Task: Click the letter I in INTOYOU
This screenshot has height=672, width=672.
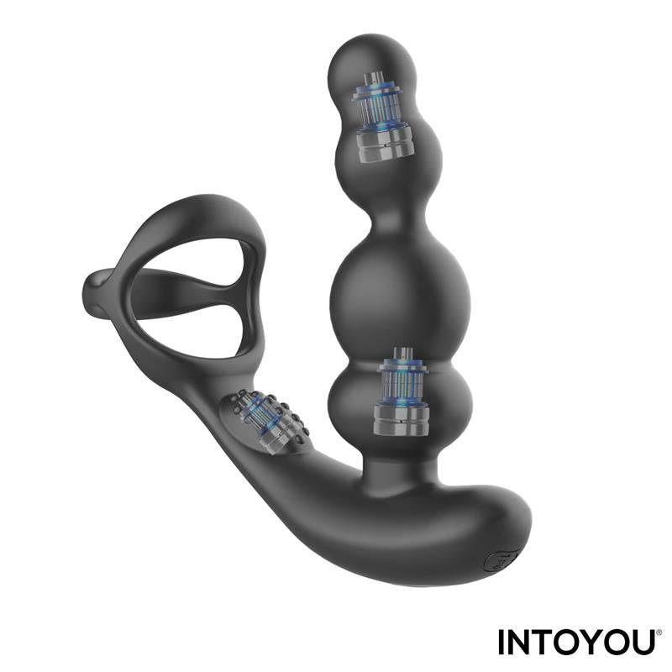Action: tap(502, 643)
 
